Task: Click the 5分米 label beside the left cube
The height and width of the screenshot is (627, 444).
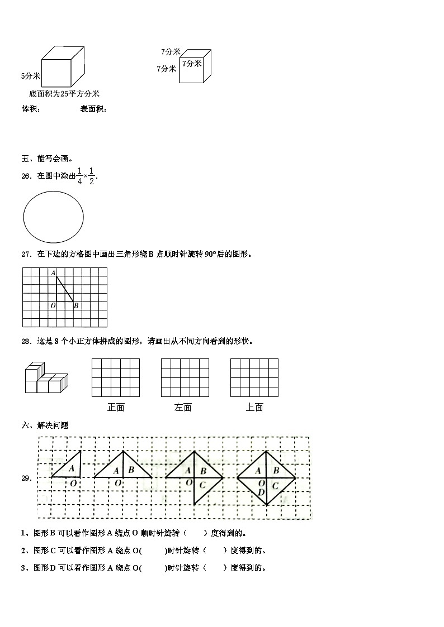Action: point(30,75)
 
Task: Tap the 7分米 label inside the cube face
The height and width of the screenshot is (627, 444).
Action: point(192,64)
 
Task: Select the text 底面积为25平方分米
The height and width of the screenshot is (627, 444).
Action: point(64,94)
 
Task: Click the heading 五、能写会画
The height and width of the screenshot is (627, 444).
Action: point(48,159)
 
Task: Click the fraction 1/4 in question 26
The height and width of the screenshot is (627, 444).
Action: point(79,176)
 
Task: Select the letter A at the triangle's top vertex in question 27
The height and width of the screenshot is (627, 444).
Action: point(53,273)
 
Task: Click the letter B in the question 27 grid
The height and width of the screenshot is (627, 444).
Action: point(76,305)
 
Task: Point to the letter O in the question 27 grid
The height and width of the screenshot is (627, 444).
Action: point(53,305)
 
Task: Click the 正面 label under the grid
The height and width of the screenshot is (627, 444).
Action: point(116,408)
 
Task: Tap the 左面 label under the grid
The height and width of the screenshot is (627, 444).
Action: point(183,408)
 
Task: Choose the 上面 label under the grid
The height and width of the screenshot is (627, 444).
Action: point(254,408)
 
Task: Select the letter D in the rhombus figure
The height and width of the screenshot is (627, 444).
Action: point(261,491)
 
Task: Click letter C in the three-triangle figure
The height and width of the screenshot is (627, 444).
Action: point(203,485)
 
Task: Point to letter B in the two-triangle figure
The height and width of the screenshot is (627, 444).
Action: point(131,470)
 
